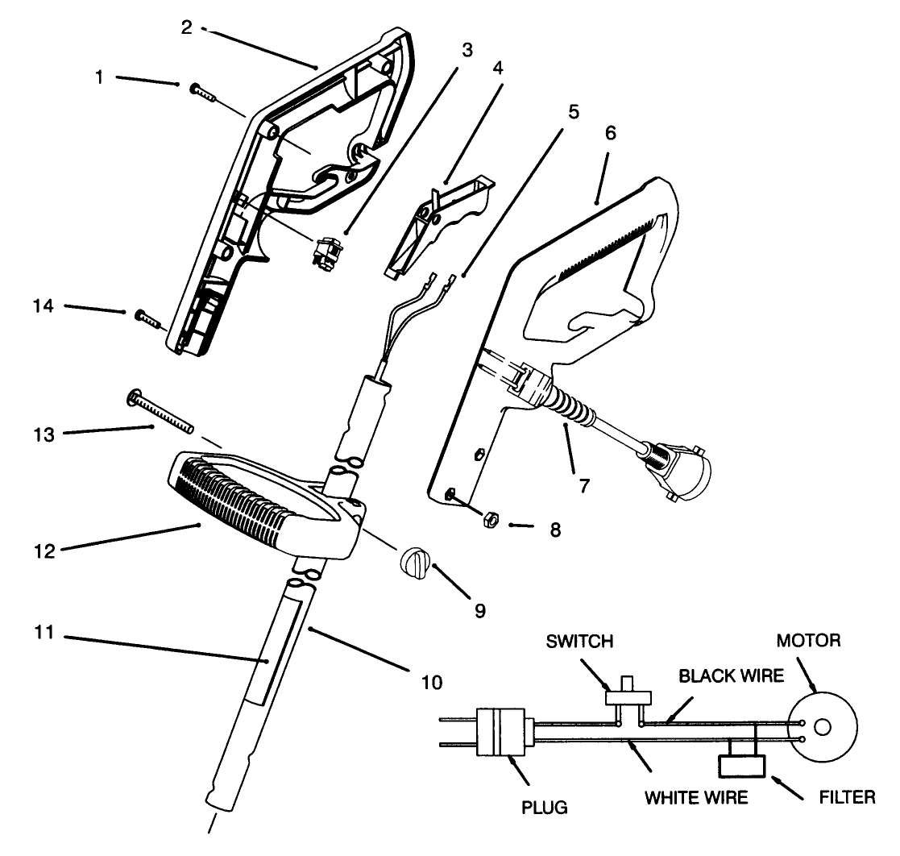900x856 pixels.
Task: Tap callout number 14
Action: click(43, 306)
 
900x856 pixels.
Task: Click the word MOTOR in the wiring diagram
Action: click(808, 641)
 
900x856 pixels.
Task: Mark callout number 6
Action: click(609, 133)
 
